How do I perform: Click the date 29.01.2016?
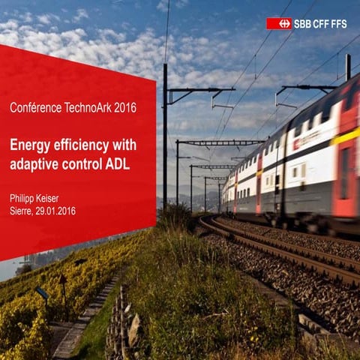coord(55,211)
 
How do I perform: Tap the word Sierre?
coord(20,211)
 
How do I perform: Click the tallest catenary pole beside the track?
coord(165,135)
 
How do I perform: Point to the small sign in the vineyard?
coord(42,293)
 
